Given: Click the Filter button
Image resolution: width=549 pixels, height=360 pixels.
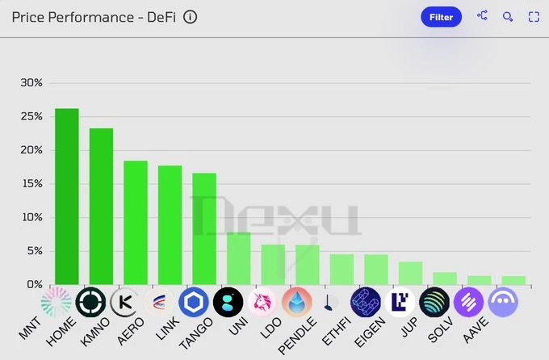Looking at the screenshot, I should [441, 16].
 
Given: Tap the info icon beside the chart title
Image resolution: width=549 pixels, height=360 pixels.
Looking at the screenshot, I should [191, 17].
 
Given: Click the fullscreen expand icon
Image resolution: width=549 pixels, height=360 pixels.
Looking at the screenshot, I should [534, 16].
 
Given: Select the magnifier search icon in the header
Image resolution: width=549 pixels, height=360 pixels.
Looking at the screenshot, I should [508, 16].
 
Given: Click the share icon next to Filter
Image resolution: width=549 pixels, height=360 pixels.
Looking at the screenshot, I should [482, 15].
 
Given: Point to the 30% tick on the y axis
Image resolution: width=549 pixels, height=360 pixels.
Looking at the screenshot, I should [31, 82].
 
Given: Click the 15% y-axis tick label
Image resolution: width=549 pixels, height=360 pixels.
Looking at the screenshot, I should [31, 183].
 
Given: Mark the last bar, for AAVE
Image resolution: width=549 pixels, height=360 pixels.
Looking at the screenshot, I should [513, 280].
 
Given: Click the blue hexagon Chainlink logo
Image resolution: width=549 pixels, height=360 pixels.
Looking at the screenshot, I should [194, 302].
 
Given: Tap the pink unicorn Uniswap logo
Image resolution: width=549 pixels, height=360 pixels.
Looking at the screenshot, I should [262, 302].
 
